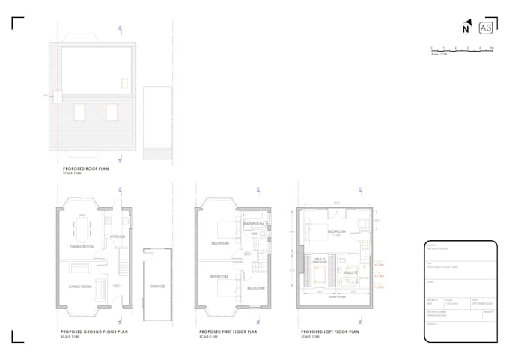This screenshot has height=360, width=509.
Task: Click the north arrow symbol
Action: click(x=466, y=29)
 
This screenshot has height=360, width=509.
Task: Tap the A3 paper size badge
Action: click(x=485, y=28)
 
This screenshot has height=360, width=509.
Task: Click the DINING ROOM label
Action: click(x=82, y=246)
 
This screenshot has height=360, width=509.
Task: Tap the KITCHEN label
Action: click(x=118, y=237)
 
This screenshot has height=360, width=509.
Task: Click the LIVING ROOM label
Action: click(x=81, y=287)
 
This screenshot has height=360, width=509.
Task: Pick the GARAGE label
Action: click(x=157, y=287)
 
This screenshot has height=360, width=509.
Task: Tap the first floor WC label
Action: click(x=254, y=234)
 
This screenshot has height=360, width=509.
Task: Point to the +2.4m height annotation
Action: click(x=379, y=265)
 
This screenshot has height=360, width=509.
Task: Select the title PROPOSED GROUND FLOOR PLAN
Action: click(x=95, y=330)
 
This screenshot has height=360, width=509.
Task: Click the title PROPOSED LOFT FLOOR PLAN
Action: click(x=329, y=330)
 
